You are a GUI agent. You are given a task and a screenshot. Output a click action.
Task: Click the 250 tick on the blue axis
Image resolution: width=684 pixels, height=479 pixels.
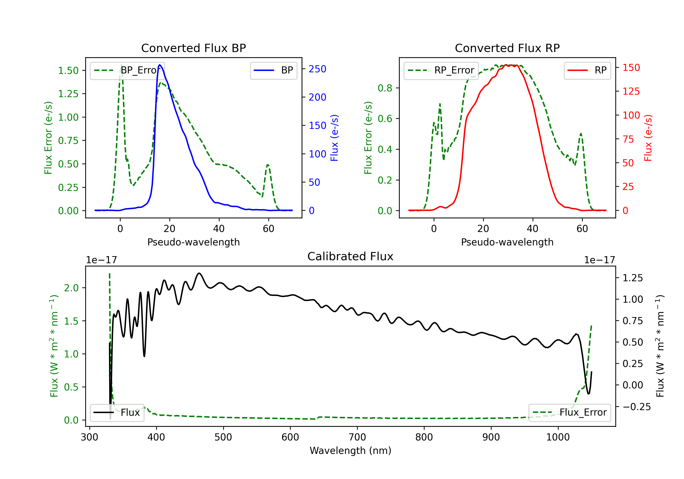tap(317, 69)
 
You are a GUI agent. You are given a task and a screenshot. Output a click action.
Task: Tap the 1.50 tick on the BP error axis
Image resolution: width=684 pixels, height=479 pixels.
tap(68, 71)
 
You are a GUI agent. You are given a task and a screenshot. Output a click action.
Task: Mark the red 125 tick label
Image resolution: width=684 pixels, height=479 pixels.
tap(631, 91)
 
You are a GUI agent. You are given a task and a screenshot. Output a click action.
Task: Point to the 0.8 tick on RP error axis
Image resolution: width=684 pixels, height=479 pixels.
tap(385, 88)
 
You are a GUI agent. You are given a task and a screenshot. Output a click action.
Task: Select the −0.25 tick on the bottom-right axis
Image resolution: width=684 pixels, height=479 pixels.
tap(637, 407)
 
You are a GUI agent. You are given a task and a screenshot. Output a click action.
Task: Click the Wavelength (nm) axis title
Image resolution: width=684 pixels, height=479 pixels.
tap(350, 451)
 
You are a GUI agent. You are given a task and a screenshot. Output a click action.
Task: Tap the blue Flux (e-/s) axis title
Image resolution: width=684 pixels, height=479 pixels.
tap(334, 138)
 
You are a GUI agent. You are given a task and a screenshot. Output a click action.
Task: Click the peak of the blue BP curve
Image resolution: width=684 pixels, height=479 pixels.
tap(160, 65)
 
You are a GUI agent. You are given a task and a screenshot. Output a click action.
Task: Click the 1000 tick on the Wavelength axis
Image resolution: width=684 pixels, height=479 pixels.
tap(558, 437)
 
